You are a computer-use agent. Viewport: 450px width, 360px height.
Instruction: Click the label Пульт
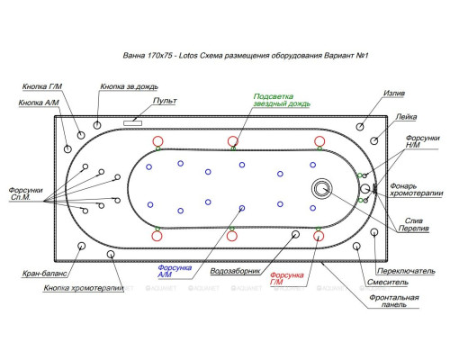click(x=165, y=101)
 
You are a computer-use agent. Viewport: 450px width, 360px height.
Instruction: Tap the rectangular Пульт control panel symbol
click(x=132, y=123)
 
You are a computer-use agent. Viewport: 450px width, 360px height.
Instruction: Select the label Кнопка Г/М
click(x=42, y=86)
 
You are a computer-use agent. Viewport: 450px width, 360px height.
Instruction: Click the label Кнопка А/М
click(x=39, y=103)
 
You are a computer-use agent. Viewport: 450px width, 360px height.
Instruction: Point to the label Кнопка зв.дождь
click(x=129, y=86)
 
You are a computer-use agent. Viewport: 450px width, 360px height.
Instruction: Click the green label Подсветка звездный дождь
click(x=282, y=100)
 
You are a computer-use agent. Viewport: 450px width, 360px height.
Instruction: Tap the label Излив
click(x=394, y=94)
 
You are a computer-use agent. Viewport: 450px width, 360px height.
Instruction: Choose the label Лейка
click(x=406, y=117)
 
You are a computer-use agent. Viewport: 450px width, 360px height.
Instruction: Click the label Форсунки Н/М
click(x=422, y=141)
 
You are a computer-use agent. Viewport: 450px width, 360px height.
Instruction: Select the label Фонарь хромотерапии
click(x=417, y=190)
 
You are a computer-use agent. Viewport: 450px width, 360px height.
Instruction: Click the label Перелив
click(x=413, y=229)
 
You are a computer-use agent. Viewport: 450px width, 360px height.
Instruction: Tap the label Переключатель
click(x=406, y=271)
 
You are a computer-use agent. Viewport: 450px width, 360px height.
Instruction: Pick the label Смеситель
click(x=388, y=283)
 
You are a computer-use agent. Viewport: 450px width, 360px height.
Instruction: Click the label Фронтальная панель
click(x=394, y=301)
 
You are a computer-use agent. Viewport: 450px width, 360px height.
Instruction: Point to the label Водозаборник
click(x=235, y=271)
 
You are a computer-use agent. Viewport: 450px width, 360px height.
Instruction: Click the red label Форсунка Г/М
click(x=287, y=278)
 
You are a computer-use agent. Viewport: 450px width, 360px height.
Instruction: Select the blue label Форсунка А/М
click(x=175, y=271)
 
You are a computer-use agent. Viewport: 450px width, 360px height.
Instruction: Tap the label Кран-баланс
click(x=44, y=274)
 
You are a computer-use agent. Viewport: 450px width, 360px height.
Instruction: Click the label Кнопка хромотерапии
click(x=84, y=288)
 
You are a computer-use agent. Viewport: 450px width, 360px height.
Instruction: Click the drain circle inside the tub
click(x=321, y=189)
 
